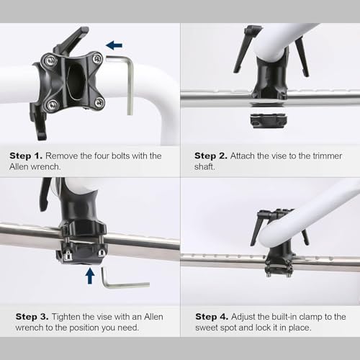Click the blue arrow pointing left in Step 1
pos(114,45)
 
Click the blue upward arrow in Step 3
pos(90,276)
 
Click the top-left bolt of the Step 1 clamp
pos(51,60)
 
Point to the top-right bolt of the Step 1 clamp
pos(97,58)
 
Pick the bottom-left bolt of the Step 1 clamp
pos(52,104)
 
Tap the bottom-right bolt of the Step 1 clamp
pos(99,102)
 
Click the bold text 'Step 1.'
pos(26,156)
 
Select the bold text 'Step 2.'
pos(211,156)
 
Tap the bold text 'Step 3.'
pos(32,317)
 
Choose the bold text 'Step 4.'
pos(212,317)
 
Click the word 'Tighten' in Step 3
pos(66,318)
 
